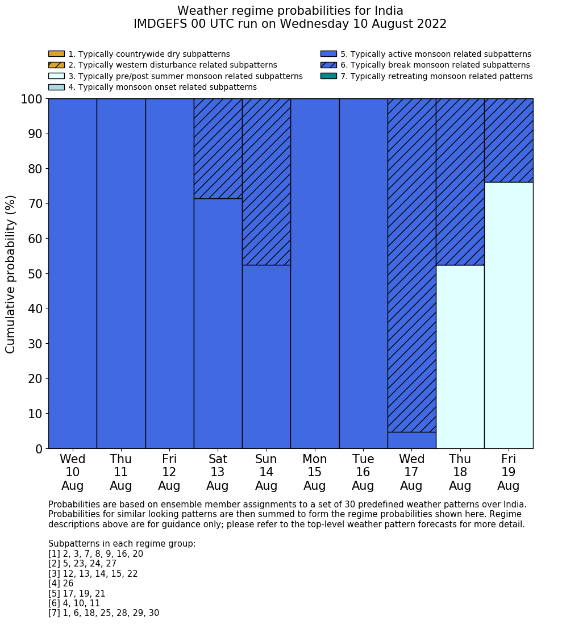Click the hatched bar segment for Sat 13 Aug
[x=218, y=148]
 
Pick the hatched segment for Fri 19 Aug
[x=509, y=140]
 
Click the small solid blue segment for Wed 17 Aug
[x=411, y=440]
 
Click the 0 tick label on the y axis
[x=39, y=449]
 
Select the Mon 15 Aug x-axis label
[x=315, y=472]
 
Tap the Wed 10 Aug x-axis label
[x=73, y=472]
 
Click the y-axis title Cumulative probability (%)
[x=11, y=274]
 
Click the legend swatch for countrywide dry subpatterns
[x=56, y=54]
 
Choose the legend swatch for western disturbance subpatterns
[x=56, y=65]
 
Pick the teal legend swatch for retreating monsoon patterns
[x=328, y=76]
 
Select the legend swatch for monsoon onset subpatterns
[x=56, y=87]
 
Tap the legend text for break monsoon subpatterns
[x=435, y=65]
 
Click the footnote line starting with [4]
[x=61, y=584]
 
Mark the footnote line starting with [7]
[x=103, y=613]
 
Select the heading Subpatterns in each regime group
[x=122, y=544]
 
